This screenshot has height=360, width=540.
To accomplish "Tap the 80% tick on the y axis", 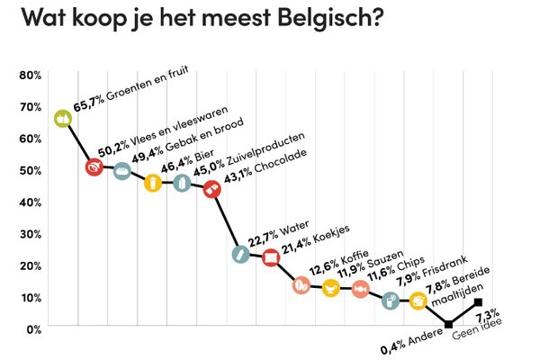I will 30,75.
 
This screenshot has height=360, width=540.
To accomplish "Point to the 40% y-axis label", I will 30,202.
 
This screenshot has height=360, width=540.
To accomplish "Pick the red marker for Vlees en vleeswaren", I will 94,167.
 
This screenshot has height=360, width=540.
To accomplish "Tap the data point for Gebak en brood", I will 122,170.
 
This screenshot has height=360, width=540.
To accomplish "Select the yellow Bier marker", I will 152,183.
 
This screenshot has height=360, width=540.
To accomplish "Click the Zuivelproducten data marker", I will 182,184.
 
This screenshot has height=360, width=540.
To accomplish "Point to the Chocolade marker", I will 211,189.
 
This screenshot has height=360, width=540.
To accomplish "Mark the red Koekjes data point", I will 271,258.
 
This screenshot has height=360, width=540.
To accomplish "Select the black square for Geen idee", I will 478,302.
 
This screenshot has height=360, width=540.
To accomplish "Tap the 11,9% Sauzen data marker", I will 330,288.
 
